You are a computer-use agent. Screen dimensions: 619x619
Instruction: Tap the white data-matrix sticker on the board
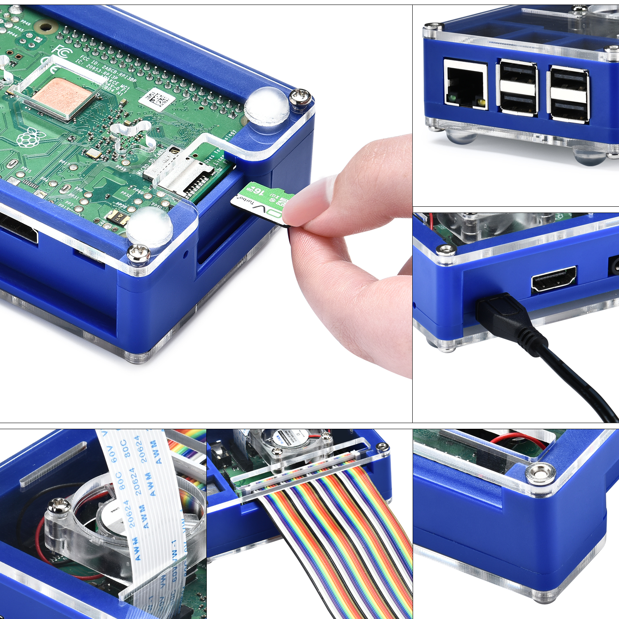pos(157,99)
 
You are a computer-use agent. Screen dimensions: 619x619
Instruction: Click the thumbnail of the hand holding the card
pos(351,248)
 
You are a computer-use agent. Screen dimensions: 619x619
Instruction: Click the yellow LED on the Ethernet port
pos(480,102)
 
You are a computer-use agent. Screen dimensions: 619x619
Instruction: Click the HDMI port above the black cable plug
pos(553,280)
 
